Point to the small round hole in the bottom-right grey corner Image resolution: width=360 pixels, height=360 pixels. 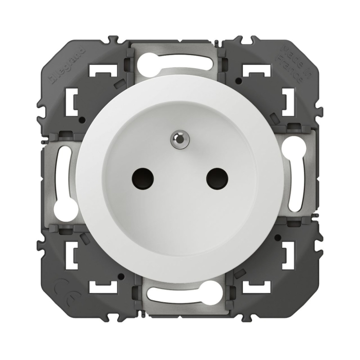coord(278,237)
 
